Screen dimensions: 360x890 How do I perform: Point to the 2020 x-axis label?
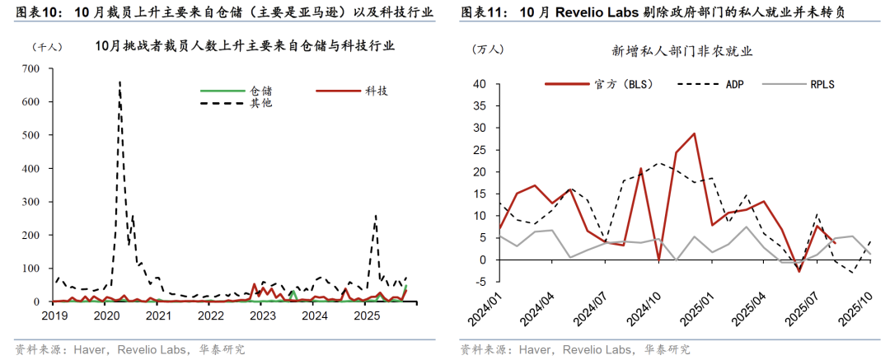tap(106, 316)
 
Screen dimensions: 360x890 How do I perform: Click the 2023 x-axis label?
tap(262, 316)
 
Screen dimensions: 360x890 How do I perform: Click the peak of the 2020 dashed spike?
tap(119, 82)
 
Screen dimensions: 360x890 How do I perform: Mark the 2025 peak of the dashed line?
tap(376, 215)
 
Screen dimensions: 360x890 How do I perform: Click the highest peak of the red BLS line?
tap(694, 133)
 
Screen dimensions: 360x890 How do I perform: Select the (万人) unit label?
tap(486, 50)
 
